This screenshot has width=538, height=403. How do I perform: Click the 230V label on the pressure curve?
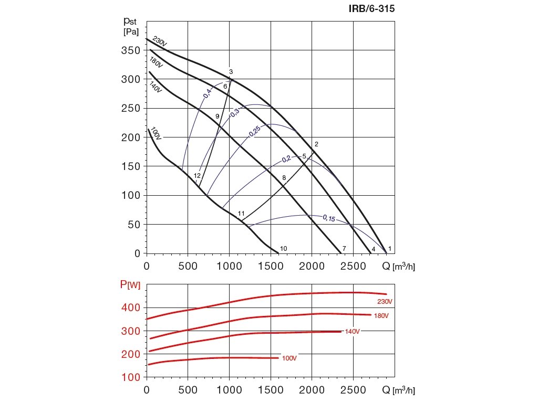[159, 41]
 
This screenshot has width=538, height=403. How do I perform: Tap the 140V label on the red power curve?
[352, 331]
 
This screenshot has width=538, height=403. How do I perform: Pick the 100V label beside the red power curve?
[289, 358]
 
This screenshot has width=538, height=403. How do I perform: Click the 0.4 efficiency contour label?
[208, 93]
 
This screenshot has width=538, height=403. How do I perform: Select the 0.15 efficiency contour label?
[329, 218]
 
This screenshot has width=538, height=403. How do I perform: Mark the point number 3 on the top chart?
[231, 72]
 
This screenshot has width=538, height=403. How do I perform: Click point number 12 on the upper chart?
[198, 176]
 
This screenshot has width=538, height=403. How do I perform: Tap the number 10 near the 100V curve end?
[284, 249]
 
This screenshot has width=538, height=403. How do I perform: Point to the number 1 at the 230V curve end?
[390, 249]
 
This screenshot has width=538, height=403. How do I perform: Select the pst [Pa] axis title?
[131, 26]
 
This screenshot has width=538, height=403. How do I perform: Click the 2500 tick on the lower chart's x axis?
[353, 390]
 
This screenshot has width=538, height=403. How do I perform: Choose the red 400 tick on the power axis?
[131, 307]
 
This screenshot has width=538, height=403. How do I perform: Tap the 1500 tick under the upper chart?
[271, 267]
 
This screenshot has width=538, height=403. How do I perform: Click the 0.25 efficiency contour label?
[254, 131]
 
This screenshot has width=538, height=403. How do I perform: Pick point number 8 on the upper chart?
[284, 178]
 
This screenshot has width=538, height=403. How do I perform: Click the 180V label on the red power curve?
[381, 316]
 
